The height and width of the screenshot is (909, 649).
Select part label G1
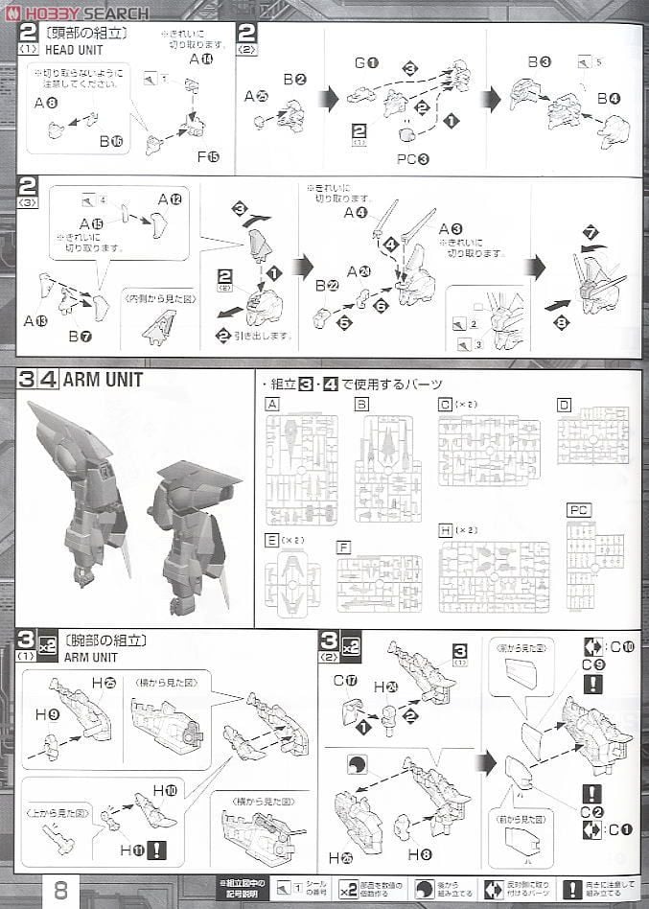pos(366,62)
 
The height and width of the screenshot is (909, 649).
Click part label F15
pos(207,155)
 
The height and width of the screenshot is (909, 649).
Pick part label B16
pos(112,141)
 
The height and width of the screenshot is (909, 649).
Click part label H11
pos(130,850)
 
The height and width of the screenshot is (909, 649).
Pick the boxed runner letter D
pos(564,406)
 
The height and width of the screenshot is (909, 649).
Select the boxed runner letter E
pos(272,540)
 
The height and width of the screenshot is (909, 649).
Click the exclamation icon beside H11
pos(157,850)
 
